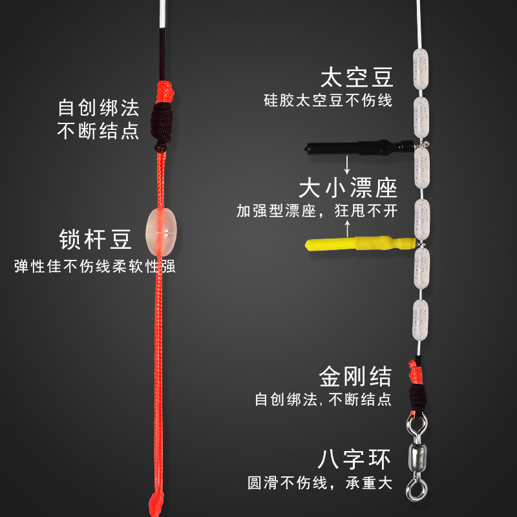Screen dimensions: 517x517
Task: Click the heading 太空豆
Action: [357, 78]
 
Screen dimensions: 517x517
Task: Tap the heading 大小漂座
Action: [348, 188]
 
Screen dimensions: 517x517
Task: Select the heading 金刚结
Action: [355, 375]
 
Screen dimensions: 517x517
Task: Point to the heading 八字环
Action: [355, 459]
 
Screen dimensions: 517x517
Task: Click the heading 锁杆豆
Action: [96, 238]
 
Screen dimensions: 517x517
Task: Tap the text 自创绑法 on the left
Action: [98, 105]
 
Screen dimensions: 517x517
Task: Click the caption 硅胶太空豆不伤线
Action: [328, 101]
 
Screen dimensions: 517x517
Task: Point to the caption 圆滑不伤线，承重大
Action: [320, 483]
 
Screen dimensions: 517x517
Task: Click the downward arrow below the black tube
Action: [348, 164]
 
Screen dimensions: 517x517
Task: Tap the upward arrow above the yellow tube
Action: [348, 227]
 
